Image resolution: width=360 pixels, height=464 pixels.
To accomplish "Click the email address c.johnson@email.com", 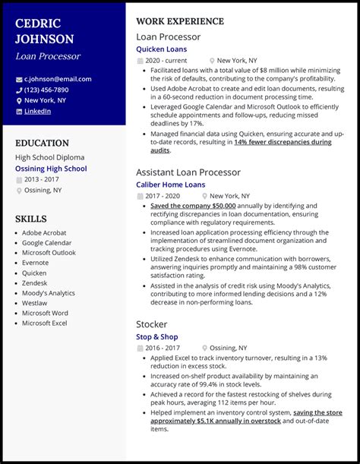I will pos(58,79).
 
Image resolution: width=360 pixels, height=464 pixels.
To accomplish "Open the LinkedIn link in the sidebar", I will pos(37,111).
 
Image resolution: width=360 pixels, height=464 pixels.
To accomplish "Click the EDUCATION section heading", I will pos(43,143).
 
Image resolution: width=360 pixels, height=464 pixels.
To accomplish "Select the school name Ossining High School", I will pos(51,169).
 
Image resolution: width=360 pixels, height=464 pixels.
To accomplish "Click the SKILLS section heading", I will pos(30,219).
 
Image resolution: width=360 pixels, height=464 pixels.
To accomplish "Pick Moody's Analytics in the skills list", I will pos(49,292).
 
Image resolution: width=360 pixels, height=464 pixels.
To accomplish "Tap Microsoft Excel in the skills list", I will pos(45,324).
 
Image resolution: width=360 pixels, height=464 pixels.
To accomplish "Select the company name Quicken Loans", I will pos(161,49).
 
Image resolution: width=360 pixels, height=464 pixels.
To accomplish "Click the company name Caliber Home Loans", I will pos(170,185).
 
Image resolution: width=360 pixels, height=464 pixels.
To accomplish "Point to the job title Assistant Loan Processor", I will pos(188,172).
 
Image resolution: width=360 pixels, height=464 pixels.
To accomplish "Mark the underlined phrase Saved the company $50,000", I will pos(193,206).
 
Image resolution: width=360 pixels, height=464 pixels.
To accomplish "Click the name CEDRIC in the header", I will pos(39,22).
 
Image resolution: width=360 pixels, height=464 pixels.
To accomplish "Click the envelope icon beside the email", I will pos(19,80).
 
